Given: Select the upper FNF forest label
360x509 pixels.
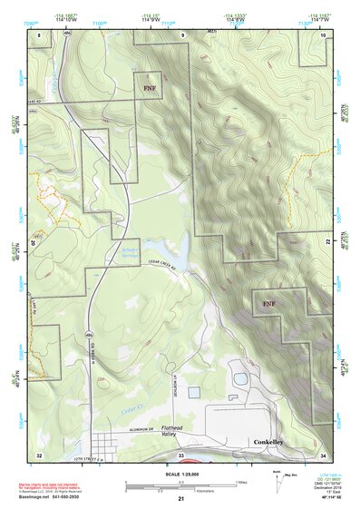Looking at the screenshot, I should tap(151, 88).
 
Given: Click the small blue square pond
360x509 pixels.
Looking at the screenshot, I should tap(194, 392).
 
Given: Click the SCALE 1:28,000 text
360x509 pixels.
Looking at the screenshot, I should tap(180, 473).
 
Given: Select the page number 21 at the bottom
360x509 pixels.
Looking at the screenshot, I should tap(180, 499).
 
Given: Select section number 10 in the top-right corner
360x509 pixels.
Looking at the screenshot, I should tap(323, 34).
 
